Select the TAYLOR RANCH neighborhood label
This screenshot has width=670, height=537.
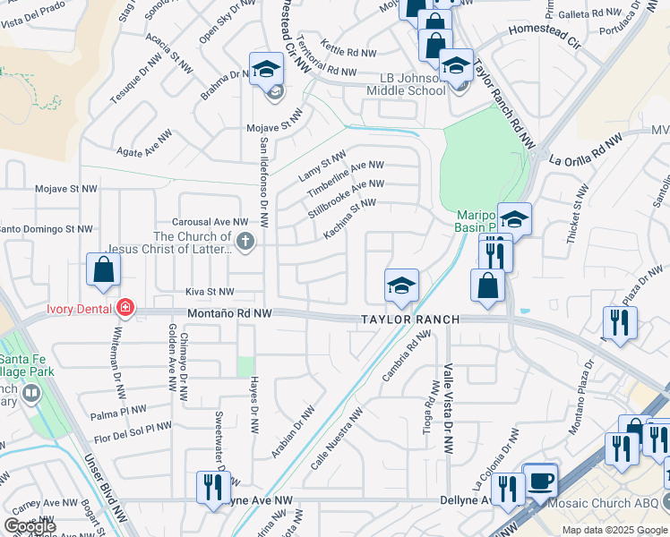(410, 320)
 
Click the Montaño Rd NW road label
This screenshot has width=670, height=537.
(228, 314)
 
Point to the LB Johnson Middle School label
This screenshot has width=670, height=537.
(407, 83)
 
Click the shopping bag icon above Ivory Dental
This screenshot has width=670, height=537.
(104, 269)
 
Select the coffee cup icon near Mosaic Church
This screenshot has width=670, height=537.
(540, 481)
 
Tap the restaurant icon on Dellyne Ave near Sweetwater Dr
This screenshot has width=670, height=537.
(213, 487)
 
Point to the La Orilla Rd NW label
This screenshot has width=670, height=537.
(586, 150)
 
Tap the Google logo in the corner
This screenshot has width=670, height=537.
(30, 526)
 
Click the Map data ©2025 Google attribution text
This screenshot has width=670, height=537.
(614, 530)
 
